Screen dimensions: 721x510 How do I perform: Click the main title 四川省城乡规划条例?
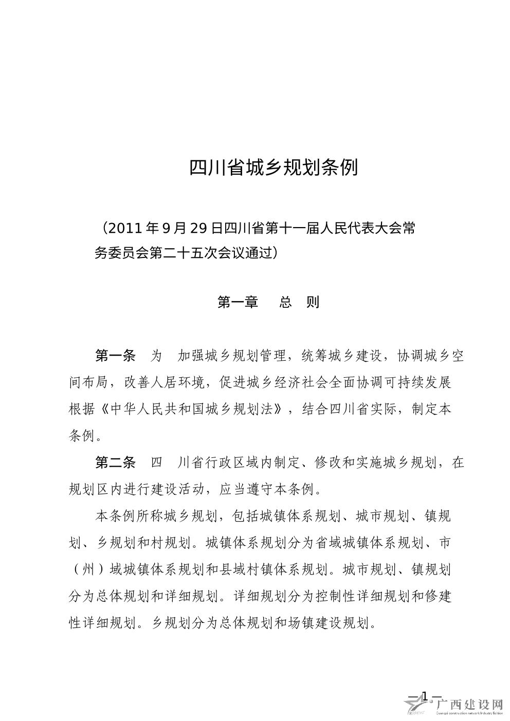(x=274, y=168)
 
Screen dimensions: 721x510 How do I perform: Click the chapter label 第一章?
(x=238, y=302)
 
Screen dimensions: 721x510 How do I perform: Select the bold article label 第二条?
(x=115, y=463)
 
